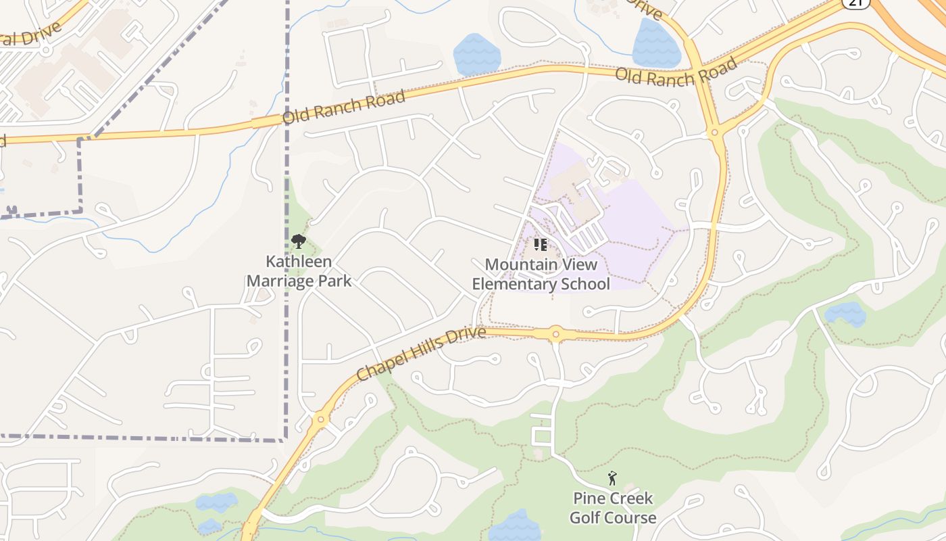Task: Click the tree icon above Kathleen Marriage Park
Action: point(298,241)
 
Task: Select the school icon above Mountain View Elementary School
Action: point(540,244)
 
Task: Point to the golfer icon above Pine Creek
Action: point(612,479)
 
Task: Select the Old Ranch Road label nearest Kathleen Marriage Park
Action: point(343,107)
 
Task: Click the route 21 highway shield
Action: point(855,3)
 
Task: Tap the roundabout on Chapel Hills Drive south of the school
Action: point(555,333)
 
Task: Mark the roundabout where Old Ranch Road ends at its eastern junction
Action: point(716,131)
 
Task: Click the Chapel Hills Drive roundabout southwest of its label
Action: point(320,419)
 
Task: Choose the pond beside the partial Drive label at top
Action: point(655,44)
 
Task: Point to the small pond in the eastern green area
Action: point(845,314)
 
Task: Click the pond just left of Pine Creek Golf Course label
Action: point(515,526)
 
